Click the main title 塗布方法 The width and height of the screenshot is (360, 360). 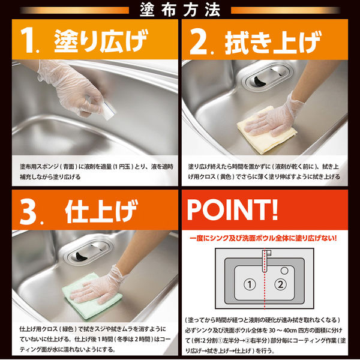(180, 10)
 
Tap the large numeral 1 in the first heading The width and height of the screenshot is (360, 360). (28, 40)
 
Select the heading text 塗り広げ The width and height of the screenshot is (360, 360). (101, 41)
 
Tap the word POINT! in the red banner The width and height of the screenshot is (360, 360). (232, 209)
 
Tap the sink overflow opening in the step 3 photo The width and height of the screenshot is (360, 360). (88, 251)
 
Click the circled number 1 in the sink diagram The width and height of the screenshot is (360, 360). (250, 284)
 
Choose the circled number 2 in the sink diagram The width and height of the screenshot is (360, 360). (280, 284)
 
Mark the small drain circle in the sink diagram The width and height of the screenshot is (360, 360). (284, 271)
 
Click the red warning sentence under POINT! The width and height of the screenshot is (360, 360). (263, 238)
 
